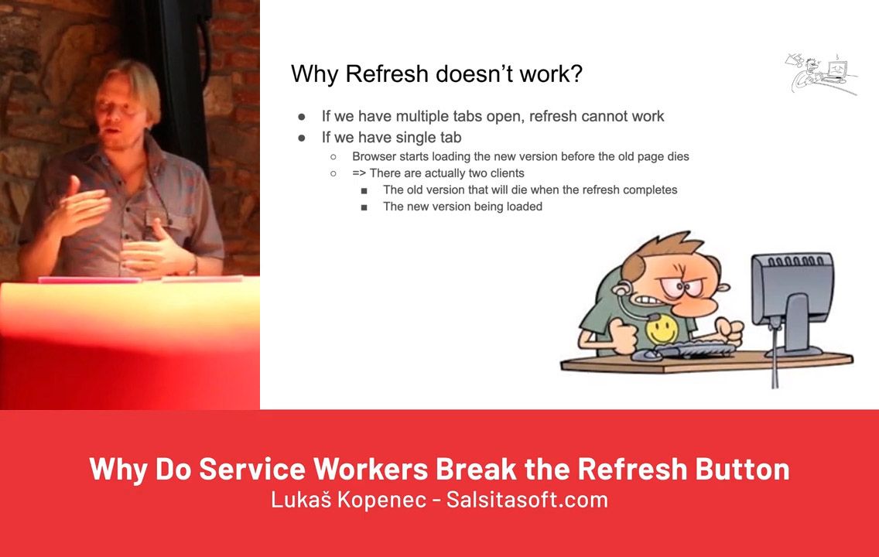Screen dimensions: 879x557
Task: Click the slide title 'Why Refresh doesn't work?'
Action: point(436,74)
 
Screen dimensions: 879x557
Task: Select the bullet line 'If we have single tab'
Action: point(392,137)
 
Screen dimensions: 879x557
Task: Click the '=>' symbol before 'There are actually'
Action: point(359,173)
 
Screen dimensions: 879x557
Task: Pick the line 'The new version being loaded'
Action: point(463,207)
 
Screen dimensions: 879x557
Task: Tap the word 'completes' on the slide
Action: point(650,190)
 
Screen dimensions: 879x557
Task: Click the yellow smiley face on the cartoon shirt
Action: point(662,329)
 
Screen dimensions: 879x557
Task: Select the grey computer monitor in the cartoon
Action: point(792,306)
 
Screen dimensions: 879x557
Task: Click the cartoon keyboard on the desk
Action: point(695,350)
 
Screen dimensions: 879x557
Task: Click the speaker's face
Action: point(117,114)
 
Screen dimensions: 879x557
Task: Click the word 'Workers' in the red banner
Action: point(371,469)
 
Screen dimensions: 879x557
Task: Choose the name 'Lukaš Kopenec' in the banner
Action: point(348,499)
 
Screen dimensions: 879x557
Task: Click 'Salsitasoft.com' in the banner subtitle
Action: point(527,499)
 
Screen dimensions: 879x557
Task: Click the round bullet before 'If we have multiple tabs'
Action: point(302,117)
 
